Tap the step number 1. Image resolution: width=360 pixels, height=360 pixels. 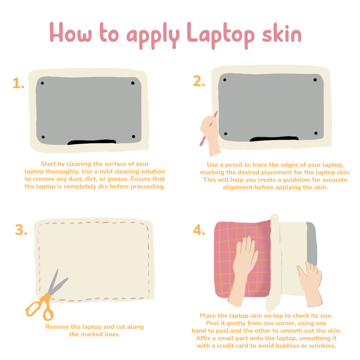tap(18, 84)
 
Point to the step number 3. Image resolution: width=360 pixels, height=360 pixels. tap(21, 230)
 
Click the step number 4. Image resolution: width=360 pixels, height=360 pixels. tap(199, 230)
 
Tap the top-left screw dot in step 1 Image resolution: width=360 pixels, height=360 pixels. tap(42, 83)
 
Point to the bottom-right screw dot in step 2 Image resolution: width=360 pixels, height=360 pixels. tap(316, 133)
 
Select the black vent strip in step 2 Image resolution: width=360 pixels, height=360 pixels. tap(274, 139)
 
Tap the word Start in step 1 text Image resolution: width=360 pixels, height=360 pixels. tap(48, 164)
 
